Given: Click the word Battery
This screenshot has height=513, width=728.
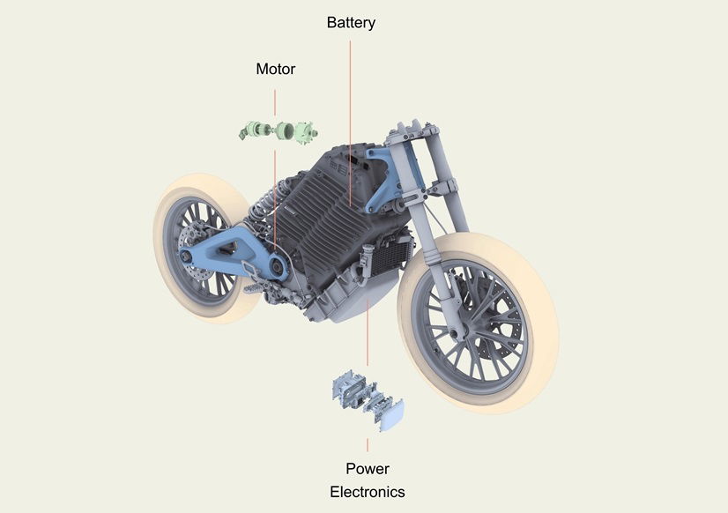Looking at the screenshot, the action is [351, 23].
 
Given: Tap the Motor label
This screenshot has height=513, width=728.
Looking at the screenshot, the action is [275, 69].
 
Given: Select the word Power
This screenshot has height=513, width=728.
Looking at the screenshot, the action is [368, 468].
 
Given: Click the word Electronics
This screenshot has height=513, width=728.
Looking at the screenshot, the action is [368, 492].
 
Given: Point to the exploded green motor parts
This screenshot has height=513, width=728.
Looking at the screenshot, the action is [279, 131].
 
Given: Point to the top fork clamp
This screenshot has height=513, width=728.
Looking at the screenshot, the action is [412, 131].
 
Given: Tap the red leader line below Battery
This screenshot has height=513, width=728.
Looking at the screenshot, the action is [350, 123].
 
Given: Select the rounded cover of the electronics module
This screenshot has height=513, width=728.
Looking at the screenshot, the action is [392, 415].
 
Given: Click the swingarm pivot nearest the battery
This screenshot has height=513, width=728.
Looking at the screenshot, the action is [279, 267].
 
